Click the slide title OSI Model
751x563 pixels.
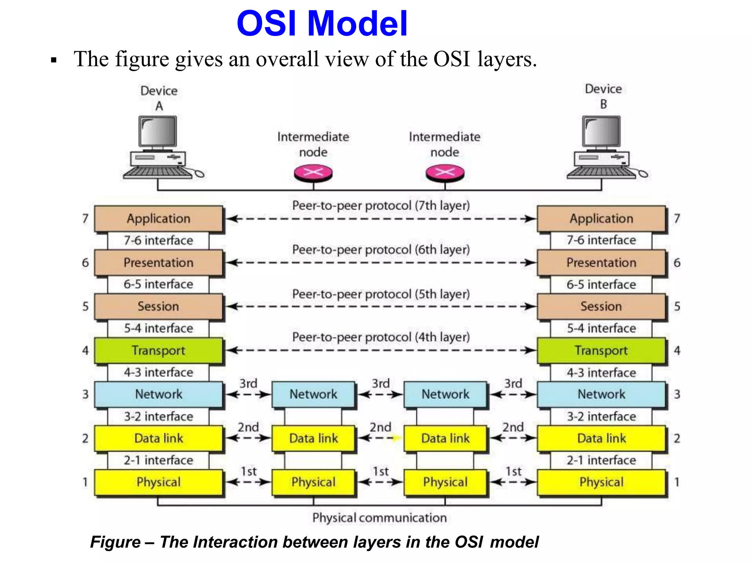[322, 23]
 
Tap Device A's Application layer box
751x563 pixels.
[158, 218]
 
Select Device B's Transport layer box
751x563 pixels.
[601, 350]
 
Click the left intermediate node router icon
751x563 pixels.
[313, 173]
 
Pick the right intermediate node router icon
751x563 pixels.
[445, 173]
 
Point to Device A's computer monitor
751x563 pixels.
[158, 132]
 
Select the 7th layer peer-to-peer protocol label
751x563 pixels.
[381, 206]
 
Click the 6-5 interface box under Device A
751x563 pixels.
[158, 284]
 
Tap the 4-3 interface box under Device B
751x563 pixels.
[601, 372]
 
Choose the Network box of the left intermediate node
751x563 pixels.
[313, 394]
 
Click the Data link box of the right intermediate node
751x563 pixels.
[445, 438]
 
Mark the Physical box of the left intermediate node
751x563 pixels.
[313, 482]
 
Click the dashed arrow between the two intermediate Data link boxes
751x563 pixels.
[380, 438]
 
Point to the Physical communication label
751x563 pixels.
[380, 518]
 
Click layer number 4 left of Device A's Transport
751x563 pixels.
[85, 350]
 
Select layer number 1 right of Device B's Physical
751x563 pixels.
[677, 482]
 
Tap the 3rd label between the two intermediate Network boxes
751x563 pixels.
[381, 383]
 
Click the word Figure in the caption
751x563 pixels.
[116, 542]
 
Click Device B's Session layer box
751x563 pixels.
[601, 306]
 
